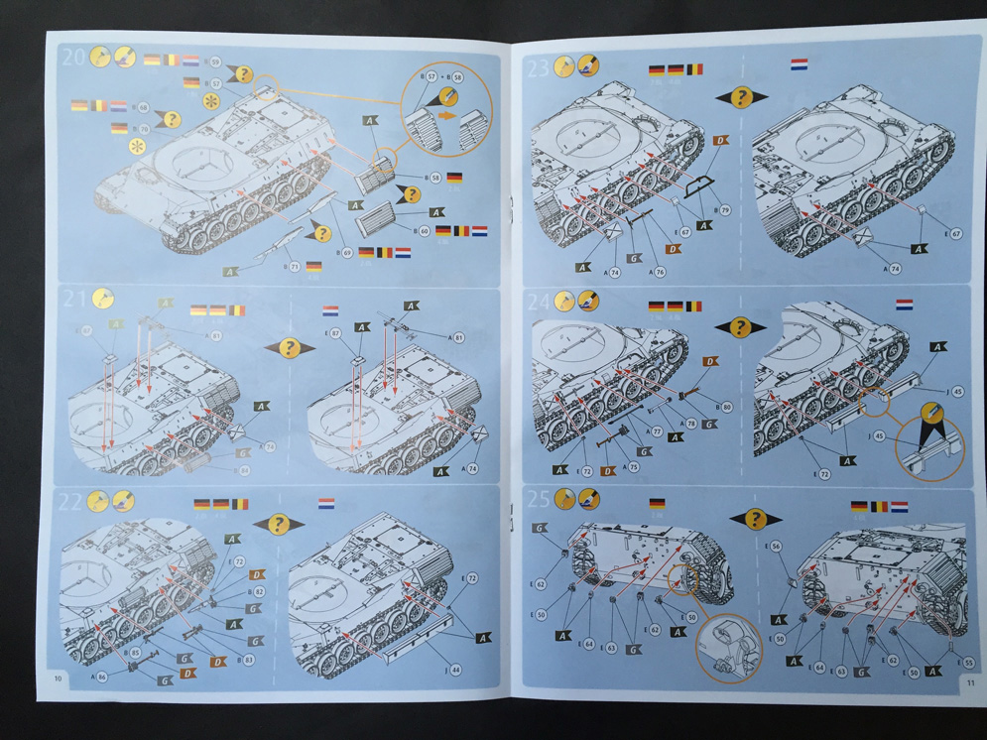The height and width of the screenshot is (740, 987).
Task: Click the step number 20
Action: click(72, 57)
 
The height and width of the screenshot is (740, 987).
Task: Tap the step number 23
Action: click(538, 67)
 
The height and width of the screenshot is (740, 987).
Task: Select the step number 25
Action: click(539, 498)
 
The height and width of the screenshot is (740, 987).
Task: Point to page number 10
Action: click(59, 678)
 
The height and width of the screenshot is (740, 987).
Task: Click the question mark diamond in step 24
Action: click(741, 327)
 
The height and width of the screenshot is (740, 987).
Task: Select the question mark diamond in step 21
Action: click(289, 347)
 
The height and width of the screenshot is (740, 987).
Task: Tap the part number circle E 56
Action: click(776, 546)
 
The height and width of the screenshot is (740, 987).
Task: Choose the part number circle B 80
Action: click(727, 407)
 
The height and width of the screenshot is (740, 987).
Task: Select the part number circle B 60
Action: click(424, 230)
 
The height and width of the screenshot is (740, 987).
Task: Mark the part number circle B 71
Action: click(295, 267)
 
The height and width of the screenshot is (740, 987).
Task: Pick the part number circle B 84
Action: click(244, 469)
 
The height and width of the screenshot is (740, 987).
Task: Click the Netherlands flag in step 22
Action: click(325, 504)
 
